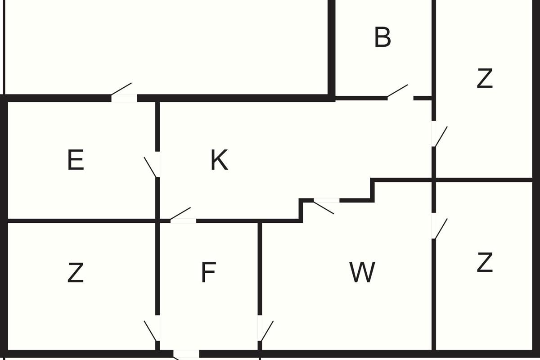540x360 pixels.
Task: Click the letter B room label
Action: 382,37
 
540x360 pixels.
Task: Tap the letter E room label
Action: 76,160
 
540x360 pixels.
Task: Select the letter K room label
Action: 219,160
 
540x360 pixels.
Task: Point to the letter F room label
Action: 208,272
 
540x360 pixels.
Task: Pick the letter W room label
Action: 362,272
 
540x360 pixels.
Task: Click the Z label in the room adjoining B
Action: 485,78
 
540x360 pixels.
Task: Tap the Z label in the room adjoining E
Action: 76,272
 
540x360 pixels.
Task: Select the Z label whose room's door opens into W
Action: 485,262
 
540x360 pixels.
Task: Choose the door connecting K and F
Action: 183,215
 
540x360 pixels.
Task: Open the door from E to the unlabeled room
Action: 123,93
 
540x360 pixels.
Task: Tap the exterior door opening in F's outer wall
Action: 186,354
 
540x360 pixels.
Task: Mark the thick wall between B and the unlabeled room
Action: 332,48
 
